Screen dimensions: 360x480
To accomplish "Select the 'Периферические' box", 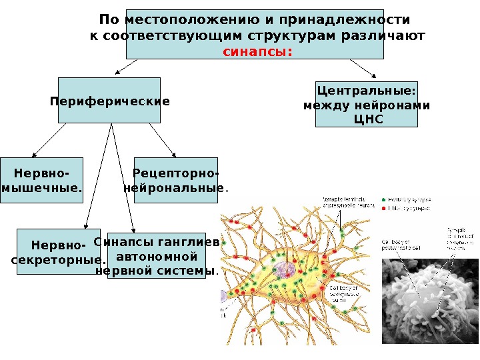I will [x=109, y=101].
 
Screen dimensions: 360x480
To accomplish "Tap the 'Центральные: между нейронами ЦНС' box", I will [x=366, y=105].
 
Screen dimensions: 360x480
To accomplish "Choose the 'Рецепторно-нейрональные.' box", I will [x=177, y=180].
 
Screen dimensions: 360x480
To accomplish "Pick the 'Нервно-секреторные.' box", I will [x=59, y=252].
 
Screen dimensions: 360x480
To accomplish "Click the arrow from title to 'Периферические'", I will [x=127, y=66].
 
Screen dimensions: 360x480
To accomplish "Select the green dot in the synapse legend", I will [x=383, y=199].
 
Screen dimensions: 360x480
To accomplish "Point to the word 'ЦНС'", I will [x=366, y=119].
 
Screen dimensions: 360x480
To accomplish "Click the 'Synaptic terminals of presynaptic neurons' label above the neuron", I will [x=347, y=202].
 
